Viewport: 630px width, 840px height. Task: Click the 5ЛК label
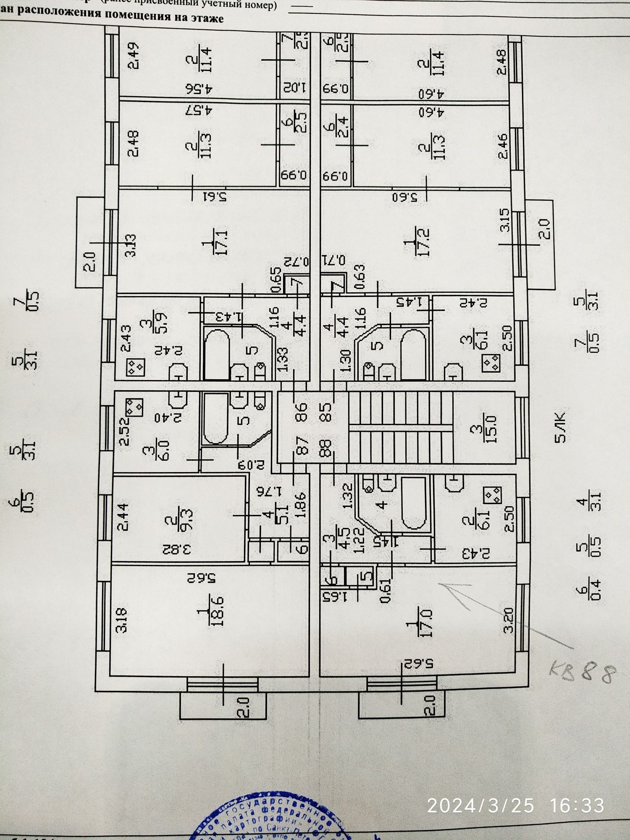561,428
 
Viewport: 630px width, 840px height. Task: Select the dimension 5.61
215,197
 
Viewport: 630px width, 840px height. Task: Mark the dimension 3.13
132,245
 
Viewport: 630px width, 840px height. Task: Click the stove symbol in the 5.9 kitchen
136,367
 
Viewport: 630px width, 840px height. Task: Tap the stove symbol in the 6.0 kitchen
134,406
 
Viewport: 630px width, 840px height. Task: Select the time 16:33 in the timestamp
577,806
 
